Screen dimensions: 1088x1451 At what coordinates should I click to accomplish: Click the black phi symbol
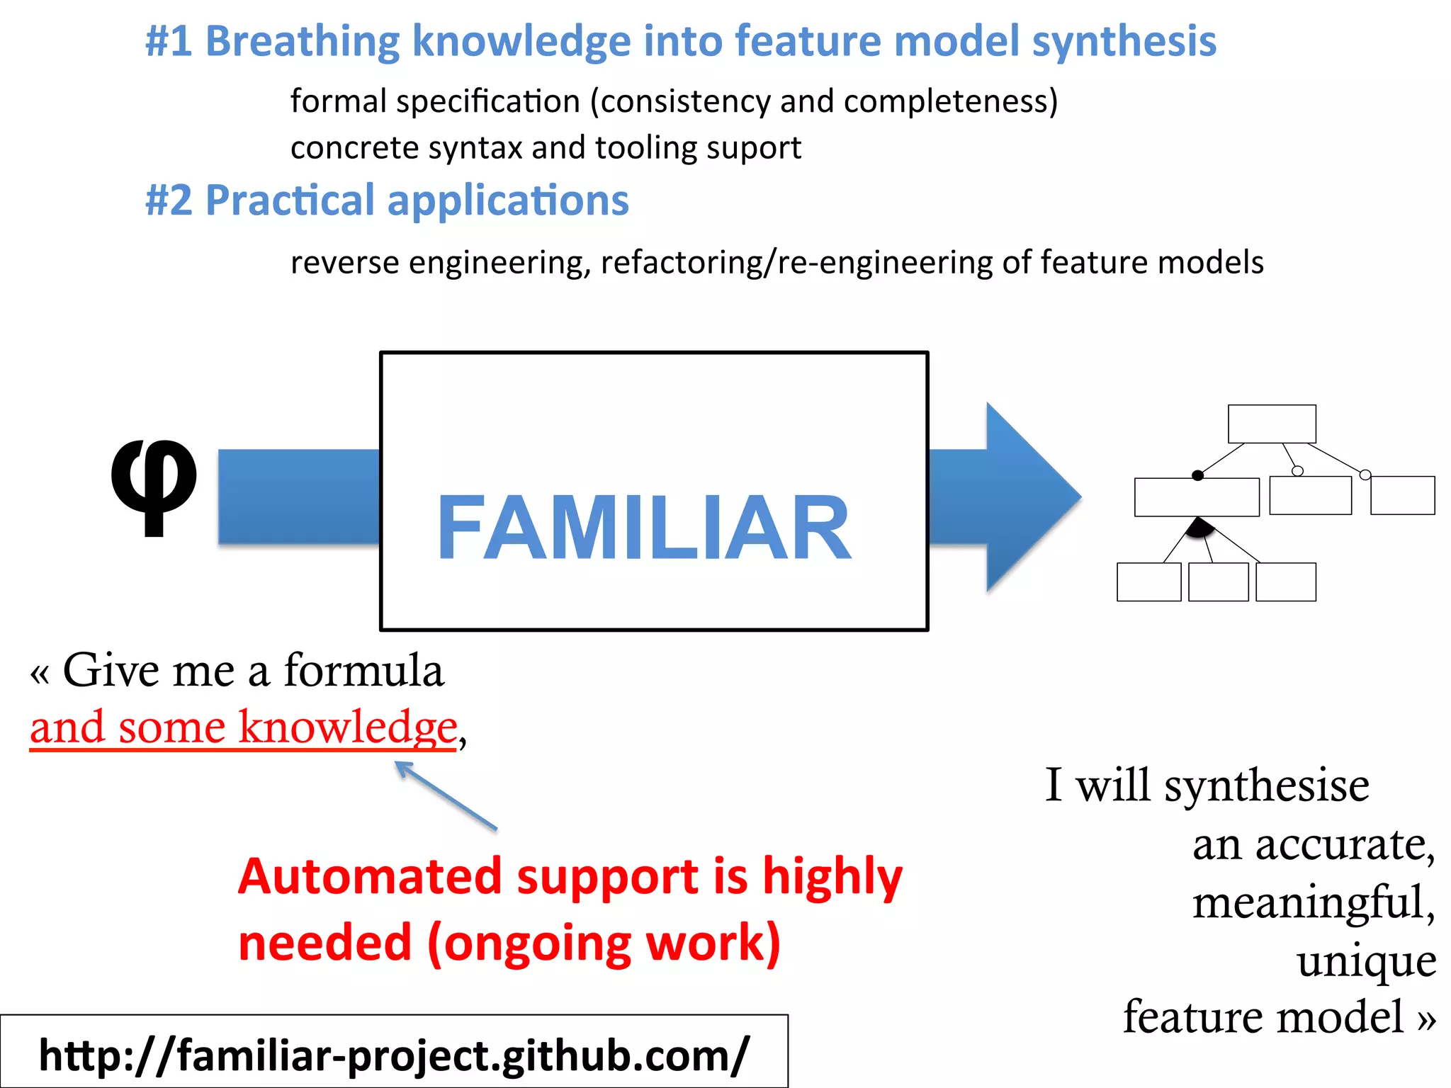pos(154,485)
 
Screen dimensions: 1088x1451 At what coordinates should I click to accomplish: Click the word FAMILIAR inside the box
pos(644,528)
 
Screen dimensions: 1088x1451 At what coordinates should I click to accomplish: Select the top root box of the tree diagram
pos(1272,424)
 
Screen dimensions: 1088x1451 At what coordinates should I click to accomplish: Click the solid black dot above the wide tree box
pos(1197,475)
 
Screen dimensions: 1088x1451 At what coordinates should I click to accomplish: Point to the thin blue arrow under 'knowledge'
pos(446,795)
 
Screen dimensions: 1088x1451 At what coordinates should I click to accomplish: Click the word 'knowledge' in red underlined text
pos(347,728)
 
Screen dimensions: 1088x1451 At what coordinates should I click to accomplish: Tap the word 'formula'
pos(363,670)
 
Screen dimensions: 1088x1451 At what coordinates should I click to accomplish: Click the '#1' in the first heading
pos(169,41)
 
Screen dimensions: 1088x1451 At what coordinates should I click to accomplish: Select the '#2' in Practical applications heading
pos(169,200)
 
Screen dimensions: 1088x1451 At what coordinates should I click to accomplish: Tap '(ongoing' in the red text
pos(529,944)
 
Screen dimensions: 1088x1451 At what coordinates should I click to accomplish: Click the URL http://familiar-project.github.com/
pos(393,1055)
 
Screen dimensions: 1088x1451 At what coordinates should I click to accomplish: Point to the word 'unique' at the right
pos(1366,961)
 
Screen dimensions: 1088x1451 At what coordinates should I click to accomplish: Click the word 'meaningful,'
pos(1313,903)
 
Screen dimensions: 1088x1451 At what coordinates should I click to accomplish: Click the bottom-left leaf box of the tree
pos(1148,582)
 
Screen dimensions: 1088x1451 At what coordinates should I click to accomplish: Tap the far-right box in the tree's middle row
pos(1402,495)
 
